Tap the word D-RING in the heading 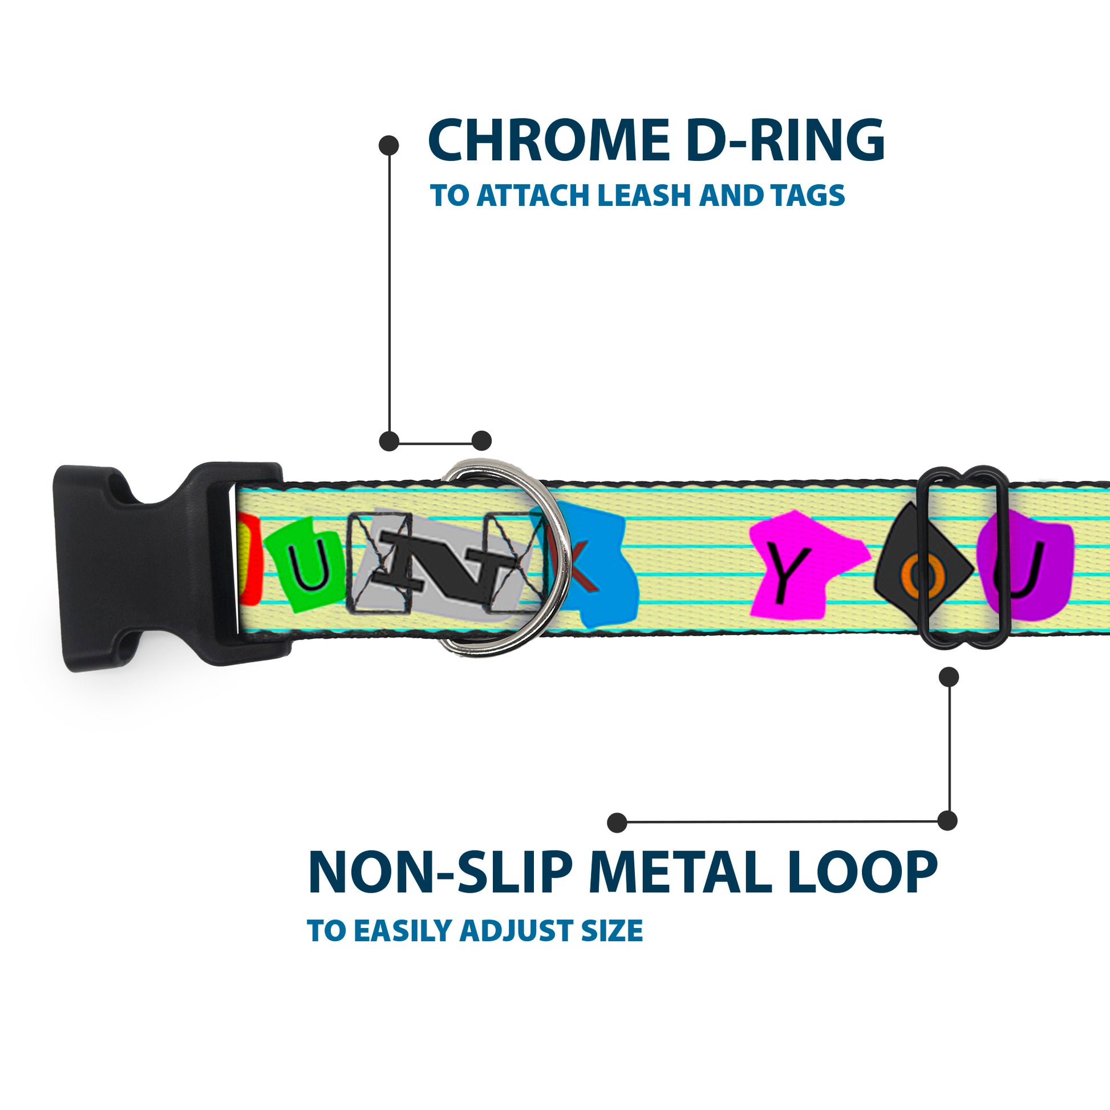(x=785, y=141)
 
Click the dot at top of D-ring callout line (x=389, y=145)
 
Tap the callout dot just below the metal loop (x=949, y=678)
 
